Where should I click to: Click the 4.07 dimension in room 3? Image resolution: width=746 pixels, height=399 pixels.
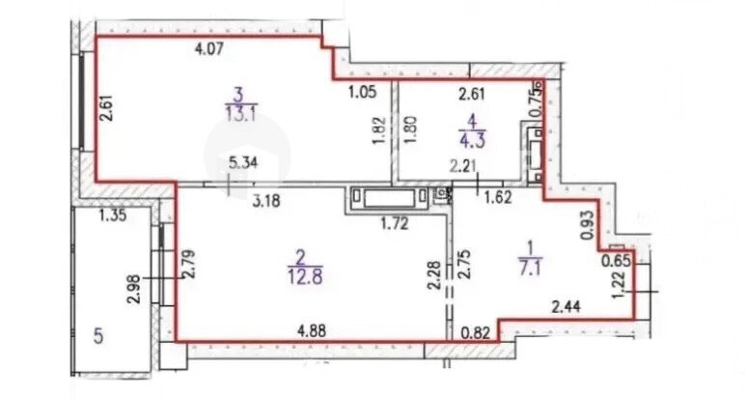[209, 49]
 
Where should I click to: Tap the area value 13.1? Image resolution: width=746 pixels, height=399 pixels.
[241, 115]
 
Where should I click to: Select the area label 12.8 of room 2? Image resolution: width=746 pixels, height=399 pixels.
[305, 276]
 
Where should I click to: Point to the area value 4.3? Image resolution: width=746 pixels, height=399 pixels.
[473, 141]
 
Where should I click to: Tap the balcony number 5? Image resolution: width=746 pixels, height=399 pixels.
[98, 337]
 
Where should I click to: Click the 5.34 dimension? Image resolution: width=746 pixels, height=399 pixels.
[243, 163]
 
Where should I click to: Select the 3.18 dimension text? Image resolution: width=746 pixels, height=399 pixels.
[266, 200]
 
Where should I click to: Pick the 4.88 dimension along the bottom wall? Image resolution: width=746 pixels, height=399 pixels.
[311, 330]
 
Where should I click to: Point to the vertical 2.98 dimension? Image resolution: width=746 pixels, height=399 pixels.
[134, 289]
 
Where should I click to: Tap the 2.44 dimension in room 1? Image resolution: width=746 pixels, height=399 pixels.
[566, 307]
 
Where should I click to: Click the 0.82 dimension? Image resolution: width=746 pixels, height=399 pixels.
[476, 332]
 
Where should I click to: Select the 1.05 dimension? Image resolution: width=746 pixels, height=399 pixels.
[363, 92]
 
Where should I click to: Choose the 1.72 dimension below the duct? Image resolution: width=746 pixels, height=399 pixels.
[395, 223]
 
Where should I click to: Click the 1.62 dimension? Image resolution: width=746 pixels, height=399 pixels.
[497, 197]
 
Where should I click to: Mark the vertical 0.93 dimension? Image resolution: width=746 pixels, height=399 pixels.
[589, 224]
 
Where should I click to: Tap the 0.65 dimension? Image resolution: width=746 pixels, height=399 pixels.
[616, 262]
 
